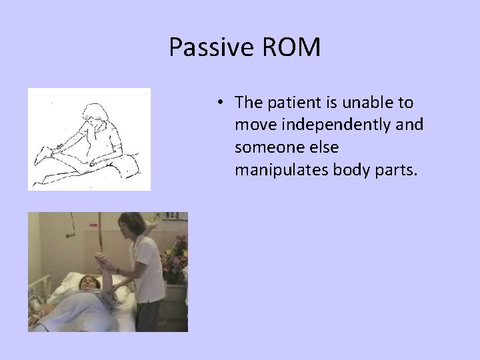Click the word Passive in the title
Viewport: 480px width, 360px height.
click(x=208, y=47)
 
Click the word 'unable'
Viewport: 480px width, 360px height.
click(x=373, y=103)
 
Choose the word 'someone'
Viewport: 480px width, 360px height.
click(x=264, y=148)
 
